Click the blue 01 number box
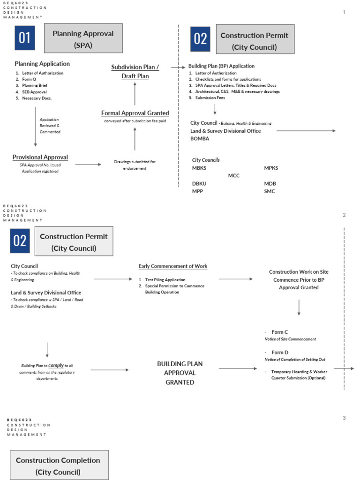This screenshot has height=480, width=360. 24,38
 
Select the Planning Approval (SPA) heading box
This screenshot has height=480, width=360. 83,38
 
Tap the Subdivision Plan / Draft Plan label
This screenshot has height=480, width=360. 135,72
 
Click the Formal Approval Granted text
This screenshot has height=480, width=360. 135,113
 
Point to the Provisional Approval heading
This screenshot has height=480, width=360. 40,157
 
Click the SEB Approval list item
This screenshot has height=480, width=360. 34,92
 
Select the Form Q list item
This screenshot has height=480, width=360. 29,79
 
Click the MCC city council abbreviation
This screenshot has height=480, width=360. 233,175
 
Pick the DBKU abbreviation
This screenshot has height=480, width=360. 199,184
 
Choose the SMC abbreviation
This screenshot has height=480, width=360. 270,191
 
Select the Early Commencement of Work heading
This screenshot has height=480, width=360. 172,266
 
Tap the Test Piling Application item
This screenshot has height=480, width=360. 165,279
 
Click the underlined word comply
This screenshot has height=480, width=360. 56,365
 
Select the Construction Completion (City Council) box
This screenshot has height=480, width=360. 58,466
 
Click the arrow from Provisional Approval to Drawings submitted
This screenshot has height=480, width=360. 88,165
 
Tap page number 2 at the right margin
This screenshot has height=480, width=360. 344,215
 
